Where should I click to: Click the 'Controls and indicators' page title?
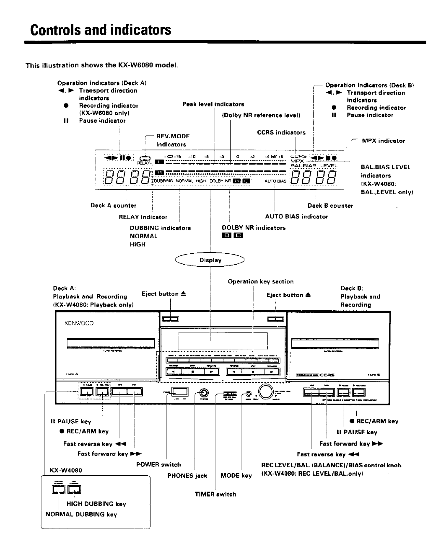click(101, 30)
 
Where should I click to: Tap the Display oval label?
click(210, 260)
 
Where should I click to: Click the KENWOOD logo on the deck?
click(79, 323)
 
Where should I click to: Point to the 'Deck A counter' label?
click(113, 206)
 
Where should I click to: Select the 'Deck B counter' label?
click(330, 206)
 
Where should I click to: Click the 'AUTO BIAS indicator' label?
click(296, 216)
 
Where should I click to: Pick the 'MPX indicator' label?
click(383, 141)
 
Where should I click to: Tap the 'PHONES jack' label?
click(187, 476)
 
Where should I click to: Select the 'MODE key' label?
click(236, 476)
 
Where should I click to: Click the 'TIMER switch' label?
click(215, 494)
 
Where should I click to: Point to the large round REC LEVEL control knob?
click(266, 392)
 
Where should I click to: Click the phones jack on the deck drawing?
click(204, 393)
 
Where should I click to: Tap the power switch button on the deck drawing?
click(179, 392)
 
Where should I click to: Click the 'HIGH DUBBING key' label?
click(96, 504)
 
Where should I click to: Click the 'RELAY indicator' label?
click(143, 217)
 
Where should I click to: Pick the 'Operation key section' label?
click(260, 281)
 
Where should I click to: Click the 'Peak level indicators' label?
click(213, 104)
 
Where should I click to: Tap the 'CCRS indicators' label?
click(281, 133)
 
